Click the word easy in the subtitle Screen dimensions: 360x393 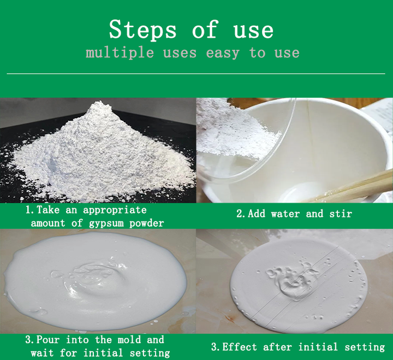(224, 53)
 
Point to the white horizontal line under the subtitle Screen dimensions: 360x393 (196, 73)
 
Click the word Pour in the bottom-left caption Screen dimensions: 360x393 (50, 340)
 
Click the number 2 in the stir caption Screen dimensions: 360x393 (239, 214)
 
